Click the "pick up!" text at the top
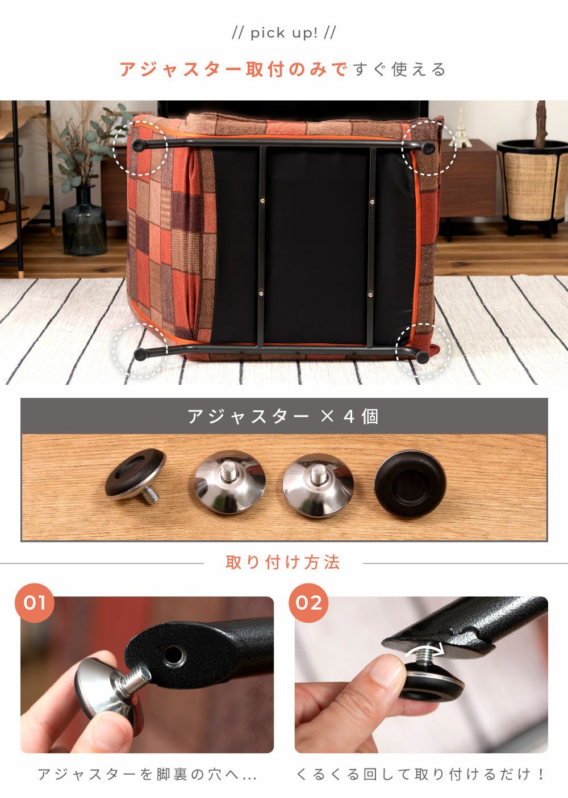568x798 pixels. point(284,33)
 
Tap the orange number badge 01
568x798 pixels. point(35,603)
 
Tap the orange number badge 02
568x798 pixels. point(308,603)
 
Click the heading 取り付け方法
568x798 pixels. point(283,562)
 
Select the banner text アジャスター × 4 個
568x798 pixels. point(283,416)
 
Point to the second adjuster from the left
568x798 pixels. point(230,482)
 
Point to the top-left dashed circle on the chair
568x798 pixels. point(140,148)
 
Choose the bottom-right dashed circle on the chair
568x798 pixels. point(423,350)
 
